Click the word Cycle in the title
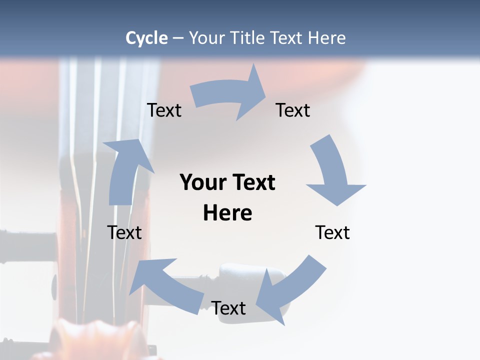click(x=146, y=38)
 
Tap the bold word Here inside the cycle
click(x=227, y=213)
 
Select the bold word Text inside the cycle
click(x=252, y=183)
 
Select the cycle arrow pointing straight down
click(x=334, y=172)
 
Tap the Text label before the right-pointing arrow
click(x=164, y=110)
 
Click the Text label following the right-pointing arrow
click(x=293, y=110)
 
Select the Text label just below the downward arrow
click(x=332, y=232)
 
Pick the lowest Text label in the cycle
click(x=228, y=308)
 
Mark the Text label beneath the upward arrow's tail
click(x=124, y=232)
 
